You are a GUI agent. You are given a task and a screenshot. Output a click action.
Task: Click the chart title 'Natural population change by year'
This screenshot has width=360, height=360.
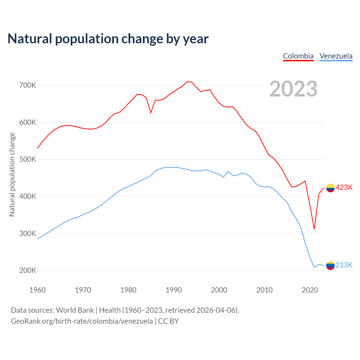(108, 39)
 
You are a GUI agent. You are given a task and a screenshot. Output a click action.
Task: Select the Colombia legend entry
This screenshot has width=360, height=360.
(298, 56)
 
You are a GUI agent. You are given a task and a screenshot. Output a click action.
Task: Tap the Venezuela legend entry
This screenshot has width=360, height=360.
(336, 56)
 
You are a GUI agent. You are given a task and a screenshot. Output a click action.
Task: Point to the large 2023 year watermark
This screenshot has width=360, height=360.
(293, 89)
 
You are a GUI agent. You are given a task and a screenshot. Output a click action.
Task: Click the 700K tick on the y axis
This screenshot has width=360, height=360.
(28, 85)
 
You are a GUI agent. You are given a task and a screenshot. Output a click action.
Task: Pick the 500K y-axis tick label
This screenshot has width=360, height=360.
(28, 159)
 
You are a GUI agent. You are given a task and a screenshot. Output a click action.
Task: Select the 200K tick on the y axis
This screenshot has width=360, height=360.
(28, 271)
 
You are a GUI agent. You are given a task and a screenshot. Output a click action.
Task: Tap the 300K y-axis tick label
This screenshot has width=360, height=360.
(28, 233)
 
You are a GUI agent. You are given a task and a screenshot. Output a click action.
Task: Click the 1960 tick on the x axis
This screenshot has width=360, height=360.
(37, 290)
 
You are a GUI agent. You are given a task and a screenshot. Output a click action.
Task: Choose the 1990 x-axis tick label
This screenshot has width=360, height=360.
(174, 290)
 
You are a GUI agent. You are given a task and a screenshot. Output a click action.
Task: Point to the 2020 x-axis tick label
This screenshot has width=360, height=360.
(310, 290)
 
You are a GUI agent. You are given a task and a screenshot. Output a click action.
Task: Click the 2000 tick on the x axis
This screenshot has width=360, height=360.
(219, 290)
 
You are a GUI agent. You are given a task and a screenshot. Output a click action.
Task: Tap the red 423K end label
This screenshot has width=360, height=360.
(344, 188)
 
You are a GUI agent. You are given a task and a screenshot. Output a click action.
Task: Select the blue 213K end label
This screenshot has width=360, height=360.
(344, 265)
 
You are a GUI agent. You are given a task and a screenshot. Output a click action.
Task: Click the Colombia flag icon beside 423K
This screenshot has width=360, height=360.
(330, 188)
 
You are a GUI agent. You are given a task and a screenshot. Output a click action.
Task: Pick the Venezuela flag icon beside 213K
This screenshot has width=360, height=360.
(330, 265)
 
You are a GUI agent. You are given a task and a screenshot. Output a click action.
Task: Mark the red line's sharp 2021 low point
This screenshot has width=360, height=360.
(314, 229)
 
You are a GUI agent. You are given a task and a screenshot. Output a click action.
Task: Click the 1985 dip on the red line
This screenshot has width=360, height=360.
(151, 113)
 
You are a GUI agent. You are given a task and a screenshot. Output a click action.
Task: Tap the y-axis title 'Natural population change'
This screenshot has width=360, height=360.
(12, 174)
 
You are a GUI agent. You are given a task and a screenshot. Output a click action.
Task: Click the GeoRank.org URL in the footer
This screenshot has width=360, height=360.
(82, 321)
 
